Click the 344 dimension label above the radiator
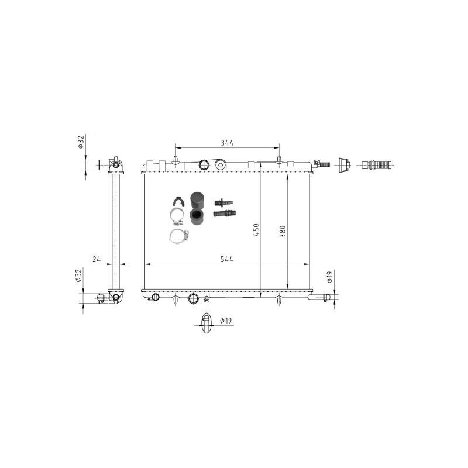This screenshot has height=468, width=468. (x=227, y=143)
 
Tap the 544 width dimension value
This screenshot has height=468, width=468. (x=227, y=259)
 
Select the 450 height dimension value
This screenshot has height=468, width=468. (x=256, y=230)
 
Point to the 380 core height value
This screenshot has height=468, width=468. (x=283, y=232)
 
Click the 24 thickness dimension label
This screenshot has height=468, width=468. (x=97, y=259)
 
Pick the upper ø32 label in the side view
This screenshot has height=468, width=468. (x=81, y=142)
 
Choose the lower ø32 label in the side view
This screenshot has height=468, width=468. (x=78, y=276)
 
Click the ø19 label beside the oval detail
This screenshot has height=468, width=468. (x=226, y=321)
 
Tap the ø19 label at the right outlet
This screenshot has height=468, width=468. (x=329, y=277)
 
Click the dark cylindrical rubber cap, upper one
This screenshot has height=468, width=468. (x=197, y=200)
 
